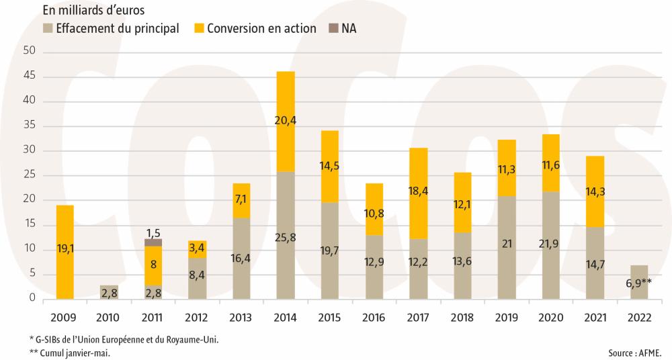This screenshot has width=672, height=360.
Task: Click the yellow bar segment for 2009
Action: click(x=65, y=252)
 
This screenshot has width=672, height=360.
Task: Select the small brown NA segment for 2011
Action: click(x=153, y=242)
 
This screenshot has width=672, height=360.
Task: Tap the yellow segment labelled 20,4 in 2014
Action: click(x=286, y=121)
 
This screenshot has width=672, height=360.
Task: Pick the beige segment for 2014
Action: click(x=286, y=235)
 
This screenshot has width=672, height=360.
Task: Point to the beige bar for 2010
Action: click(x=109, y=292)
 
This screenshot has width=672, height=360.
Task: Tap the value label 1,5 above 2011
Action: click(x=153, y=232)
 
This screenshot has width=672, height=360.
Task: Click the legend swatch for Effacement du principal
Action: click(x=48, y=29)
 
